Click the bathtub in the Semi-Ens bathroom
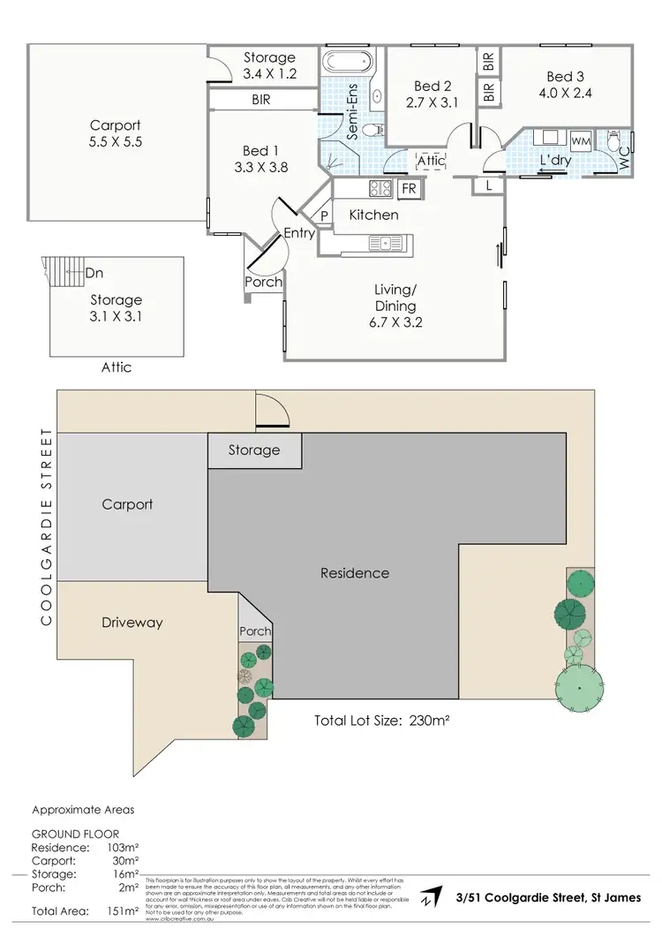[x=348, y=64]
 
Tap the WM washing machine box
[x=581, y=141]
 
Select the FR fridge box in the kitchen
[x=410, y=188]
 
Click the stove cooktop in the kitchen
[x=381, y=188]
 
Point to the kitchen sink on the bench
[x=386, y=241]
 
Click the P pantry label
[x=324, y=215]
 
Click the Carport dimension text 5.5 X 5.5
[x=116, y=142]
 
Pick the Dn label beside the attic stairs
[x=94, y=273]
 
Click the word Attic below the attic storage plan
[x=115, y=366]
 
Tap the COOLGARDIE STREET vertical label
[x=45, y=528]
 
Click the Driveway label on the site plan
[x=132, y=623]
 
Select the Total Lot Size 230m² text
[x=382, y=720]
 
